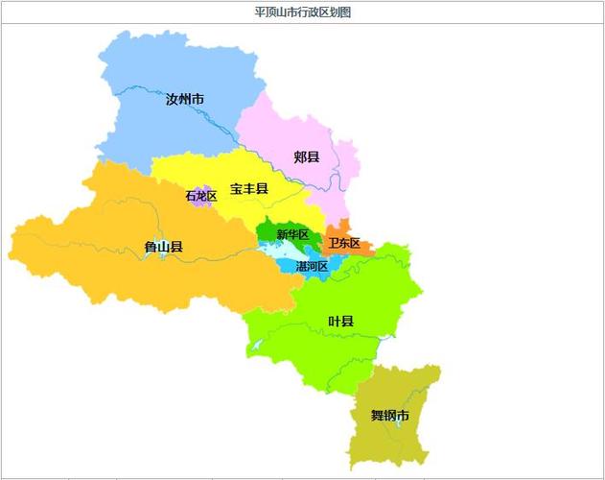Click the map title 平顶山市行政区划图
pos(302,12)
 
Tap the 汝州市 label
pos(184,100)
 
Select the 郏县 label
pos(307,156)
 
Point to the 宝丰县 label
pos(248,189)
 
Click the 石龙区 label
pos(201,196)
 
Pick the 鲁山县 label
pos(163,247)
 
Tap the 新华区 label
pos(291,235)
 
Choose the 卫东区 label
pos(344,244)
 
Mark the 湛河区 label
pos(312,266)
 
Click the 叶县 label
pos(340,321)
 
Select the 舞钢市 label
pos(389,416)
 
